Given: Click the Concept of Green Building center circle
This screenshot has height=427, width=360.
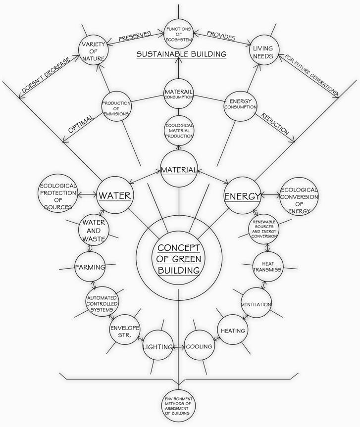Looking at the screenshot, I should (x=178, y=257).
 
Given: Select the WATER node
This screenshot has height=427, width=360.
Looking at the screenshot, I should (x=114, y=195).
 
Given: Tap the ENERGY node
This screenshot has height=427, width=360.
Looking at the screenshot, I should (x=242, y=196).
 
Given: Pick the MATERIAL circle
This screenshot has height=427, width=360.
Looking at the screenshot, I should (x=179, y=170).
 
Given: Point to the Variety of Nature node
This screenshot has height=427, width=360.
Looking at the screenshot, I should (x=93, y=51).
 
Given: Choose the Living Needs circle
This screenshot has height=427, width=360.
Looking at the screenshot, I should (x=263, y=52).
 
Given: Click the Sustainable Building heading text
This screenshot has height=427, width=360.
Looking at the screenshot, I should (x=181, y=54).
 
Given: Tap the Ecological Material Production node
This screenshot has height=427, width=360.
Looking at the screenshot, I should (x=179, y=131).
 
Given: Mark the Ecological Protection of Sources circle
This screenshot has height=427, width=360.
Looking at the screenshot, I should (x=58, y=196).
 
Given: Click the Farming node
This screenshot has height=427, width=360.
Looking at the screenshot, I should (x=90, y=267).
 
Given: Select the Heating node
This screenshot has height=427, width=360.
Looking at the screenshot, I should (x=232, y=330).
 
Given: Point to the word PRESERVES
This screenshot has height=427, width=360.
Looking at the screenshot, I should (x=135, y=37).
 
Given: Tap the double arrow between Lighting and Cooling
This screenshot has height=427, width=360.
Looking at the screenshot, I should (x=179, y=347).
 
